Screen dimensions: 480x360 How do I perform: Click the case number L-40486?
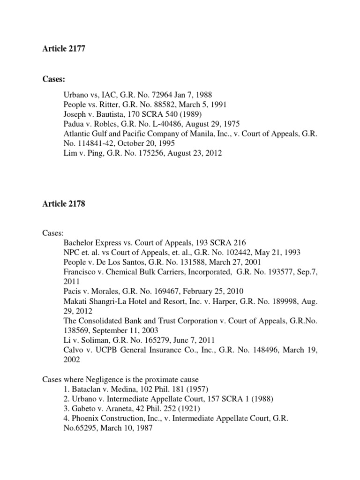coord(160,124)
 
